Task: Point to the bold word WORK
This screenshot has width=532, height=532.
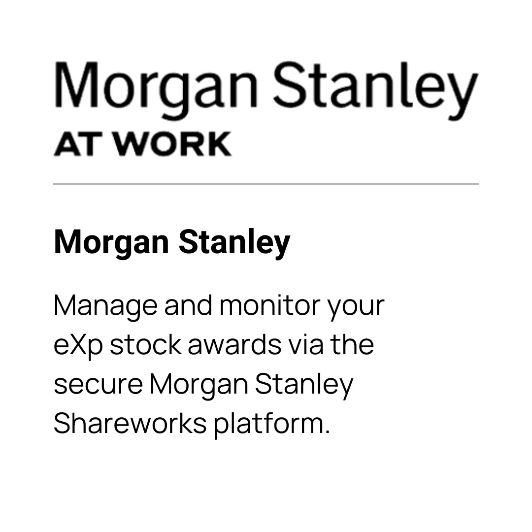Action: click(172, 144)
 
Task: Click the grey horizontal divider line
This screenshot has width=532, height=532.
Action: click(266, 184)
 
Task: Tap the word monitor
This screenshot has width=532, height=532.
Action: click(270, 305)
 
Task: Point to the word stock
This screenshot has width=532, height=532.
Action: click(145, 344)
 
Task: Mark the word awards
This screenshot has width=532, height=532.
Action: click(234, 344)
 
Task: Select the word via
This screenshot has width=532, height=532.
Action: click(305, 344)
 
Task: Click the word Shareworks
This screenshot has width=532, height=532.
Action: click(130, 423)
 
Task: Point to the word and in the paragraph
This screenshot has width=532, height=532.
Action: click(188, 305)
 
